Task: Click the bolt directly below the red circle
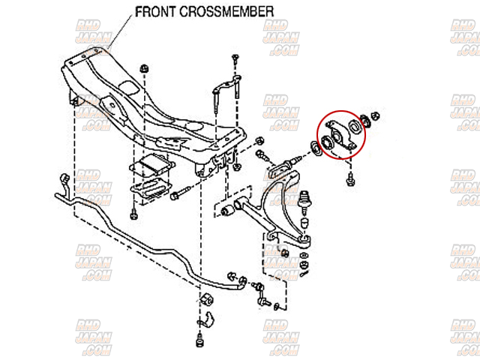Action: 351,178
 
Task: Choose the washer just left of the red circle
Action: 315,148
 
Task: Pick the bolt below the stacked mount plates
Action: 133,214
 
